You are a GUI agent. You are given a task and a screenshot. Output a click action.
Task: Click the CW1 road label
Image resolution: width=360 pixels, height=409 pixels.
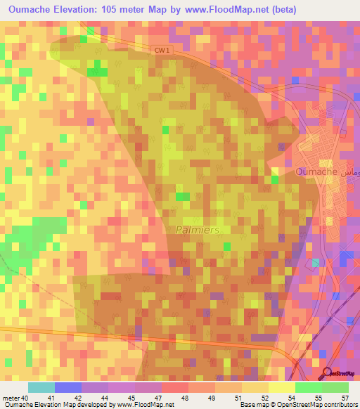[x=162, y=50]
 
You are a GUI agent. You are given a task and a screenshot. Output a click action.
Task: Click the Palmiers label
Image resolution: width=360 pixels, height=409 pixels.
[x=198, y=230]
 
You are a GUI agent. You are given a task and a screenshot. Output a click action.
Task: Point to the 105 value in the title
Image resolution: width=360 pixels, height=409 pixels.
[x=127, y=10]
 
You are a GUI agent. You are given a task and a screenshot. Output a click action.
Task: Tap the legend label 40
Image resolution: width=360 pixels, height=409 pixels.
[x=26, y=398]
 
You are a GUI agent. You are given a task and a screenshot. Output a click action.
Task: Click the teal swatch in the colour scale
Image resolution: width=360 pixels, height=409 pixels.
[x=41, y=387]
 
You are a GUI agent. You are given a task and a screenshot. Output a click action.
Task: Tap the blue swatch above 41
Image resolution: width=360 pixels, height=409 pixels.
[x=68, y=387]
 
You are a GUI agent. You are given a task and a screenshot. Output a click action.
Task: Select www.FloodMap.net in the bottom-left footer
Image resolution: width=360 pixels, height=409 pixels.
[x=145, y=405]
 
